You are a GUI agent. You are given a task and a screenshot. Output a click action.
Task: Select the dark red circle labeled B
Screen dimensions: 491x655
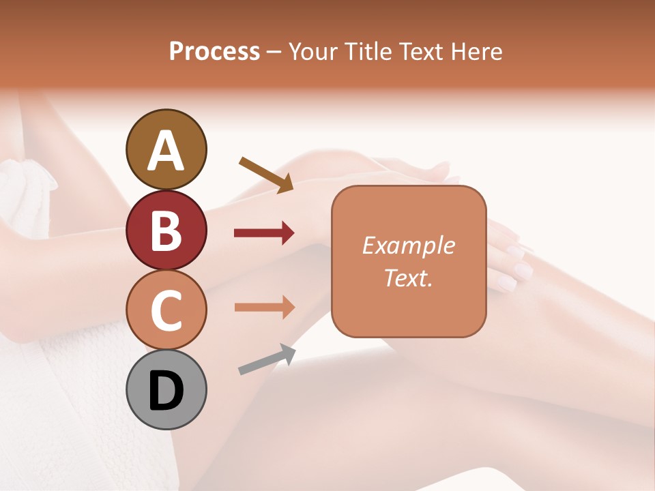(166, 230)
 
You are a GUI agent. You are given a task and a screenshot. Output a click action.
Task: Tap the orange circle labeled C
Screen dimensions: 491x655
(166, 310)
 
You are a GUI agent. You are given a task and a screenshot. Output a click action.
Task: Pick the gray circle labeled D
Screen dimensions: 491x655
(166, 390)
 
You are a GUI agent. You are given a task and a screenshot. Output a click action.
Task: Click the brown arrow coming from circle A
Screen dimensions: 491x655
(266, 174)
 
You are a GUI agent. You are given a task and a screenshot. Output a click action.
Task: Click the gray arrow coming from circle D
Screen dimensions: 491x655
(267, 359)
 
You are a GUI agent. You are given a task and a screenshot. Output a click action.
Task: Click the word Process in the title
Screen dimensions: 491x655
(214, 51)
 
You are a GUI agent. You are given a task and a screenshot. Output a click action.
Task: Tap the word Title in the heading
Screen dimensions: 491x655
(368, 51)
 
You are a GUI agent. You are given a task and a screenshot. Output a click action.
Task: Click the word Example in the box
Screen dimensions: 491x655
(408, 245)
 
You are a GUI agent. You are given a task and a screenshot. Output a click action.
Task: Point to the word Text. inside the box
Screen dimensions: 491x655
(408, 278)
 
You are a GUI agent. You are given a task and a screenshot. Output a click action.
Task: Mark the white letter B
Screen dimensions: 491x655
(166, 230)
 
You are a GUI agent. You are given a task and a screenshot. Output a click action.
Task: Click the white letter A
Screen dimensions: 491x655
(166, 150)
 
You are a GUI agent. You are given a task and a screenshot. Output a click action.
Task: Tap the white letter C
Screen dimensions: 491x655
(166, 311)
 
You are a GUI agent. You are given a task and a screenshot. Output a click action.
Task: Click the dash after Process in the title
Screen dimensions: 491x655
(274, 52)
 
